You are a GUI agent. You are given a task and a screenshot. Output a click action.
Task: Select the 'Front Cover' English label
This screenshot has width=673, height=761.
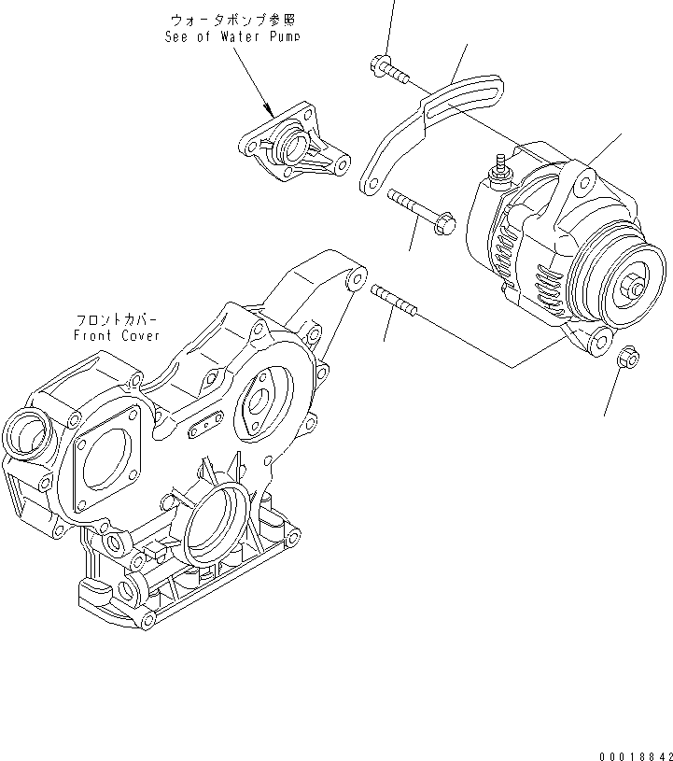pos(117,335)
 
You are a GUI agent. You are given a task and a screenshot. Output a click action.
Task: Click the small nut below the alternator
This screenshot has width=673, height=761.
pos(627,357)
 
